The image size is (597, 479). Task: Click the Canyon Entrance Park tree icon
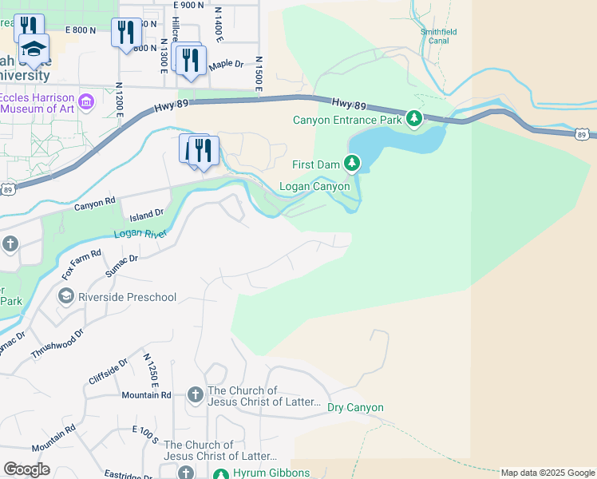pyautogui.click(x=413, y=120)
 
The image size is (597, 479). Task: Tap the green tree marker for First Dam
pyautogui.click(x=352, y=164)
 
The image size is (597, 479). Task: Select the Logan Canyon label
pyautogui.click(x=314, y=187)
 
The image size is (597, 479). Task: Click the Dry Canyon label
pyautogui.click(x=355, y=408)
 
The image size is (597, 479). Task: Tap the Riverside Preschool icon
pyautogui.click(x=66, y=297)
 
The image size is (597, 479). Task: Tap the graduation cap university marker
pyautogui.click(x=34, y=49)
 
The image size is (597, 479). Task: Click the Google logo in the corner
pyautogui.click(x=26, y=469)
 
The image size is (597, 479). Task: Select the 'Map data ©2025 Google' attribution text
pyautogui.click(x=547, y=473)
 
